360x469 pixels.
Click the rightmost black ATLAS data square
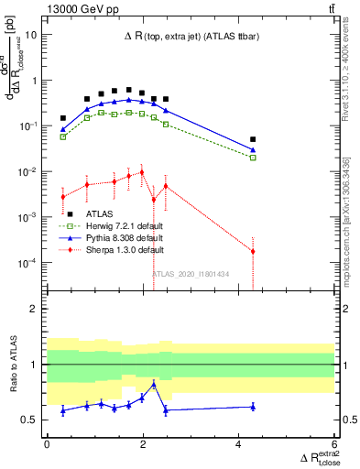253,139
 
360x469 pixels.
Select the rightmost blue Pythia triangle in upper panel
253,149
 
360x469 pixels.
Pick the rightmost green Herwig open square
253,158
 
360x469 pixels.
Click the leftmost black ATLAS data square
63,118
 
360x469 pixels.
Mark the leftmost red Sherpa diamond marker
63,197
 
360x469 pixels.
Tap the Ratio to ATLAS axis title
13,364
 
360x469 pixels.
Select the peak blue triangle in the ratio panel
154,385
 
